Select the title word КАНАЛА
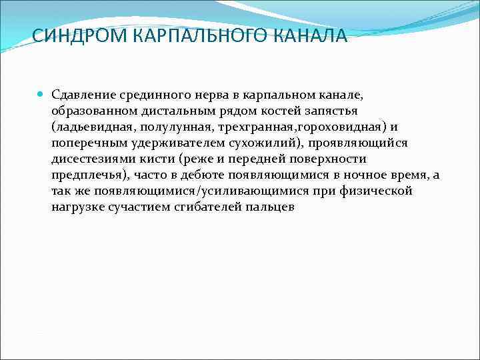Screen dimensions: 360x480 (311, 35)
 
